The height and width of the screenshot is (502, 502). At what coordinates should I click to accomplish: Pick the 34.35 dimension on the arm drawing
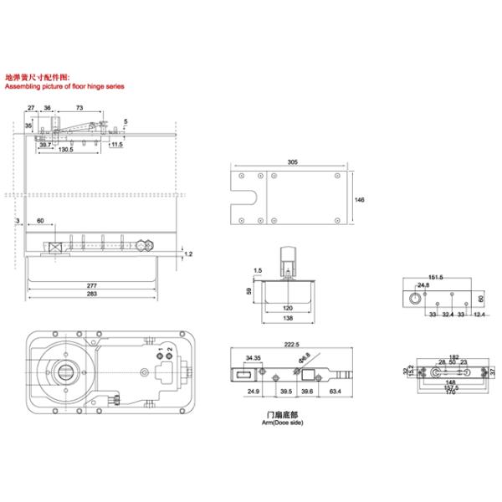[252, 358]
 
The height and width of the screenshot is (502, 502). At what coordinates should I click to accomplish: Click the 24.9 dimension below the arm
[253, 391]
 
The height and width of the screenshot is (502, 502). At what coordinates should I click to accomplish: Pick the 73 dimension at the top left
[79, 108]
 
